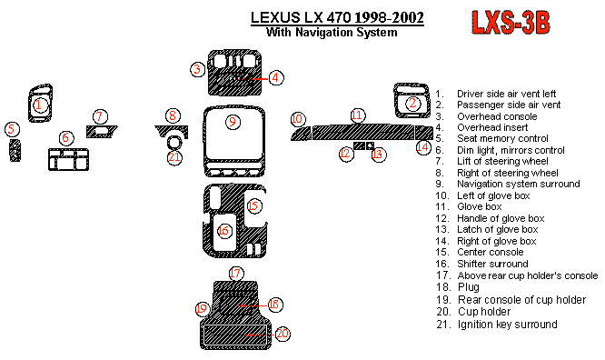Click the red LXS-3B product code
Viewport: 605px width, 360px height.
point(511,23)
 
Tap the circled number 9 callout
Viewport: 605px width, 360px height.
point(233,122)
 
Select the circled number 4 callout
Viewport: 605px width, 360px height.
point(275,77)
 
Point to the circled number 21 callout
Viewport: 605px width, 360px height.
point(174,157)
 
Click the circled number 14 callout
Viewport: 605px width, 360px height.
point(423,147)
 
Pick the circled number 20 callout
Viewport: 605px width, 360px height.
point(283,334)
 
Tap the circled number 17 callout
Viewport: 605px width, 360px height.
point(236,274)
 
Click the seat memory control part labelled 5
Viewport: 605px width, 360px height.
point(15,150)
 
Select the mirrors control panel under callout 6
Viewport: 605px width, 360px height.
point(68,159)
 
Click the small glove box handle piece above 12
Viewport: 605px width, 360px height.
point(359,145)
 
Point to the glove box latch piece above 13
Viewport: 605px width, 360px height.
point(370,145)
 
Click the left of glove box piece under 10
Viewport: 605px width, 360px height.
point(301,134)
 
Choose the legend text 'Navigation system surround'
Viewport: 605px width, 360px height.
point(518,184)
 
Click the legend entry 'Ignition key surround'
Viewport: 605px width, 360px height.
point(508,325)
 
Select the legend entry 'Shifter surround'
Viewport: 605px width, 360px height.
point(492,264)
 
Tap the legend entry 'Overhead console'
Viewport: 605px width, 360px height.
point(497,116)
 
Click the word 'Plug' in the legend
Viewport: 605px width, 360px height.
point(469,287)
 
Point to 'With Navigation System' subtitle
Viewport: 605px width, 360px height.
point(332,32)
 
